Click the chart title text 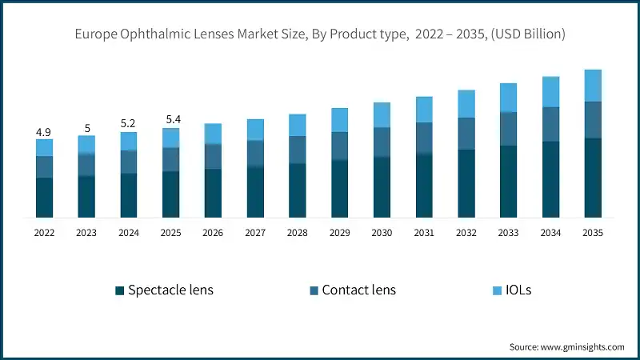(320, 34)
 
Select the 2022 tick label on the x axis (44, 233)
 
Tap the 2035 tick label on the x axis (592, 233)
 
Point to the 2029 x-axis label (339, 233)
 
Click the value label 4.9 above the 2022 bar (44, 131)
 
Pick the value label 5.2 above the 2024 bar (128, 124)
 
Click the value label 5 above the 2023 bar (86, 127)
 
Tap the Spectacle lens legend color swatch (119, 290)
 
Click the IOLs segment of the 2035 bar (592, 86)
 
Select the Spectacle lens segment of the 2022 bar (44, 197)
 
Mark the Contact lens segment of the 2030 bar (382, 142)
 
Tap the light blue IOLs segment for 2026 (213, 134)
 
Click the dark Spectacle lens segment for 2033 (508, 181)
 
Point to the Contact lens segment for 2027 (255, 153)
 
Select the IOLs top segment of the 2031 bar (424, 110)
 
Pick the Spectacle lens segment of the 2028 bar (297, 190)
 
